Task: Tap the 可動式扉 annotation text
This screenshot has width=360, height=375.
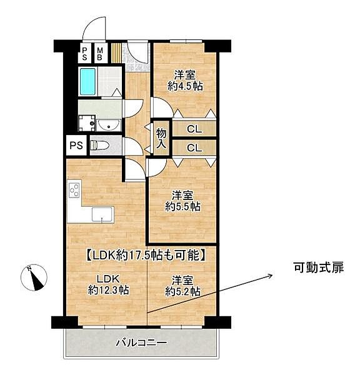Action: [317, 267]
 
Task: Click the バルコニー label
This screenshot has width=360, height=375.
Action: [141, 342]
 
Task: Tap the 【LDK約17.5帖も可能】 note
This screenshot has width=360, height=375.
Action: [146, 254]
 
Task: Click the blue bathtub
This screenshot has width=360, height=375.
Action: [87, 81]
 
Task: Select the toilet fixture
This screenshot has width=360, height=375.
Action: [99, 146]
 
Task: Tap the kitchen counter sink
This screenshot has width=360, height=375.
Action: [101, 214]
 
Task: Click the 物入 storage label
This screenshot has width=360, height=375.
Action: [161, 139]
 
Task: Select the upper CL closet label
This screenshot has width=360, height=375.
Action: [194, 130]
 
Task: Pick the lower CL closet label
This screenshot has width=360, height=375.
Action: [194, 148]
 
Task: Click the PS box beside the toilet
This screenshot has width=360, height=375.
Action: [76, 146]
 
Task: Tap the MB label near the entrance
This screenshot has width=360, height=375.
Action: [99, 53]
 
